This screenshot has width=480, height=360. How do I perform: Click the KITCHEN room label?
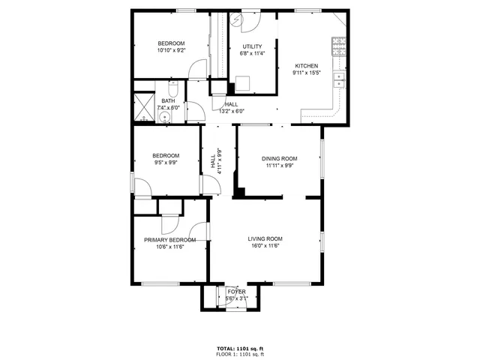click(x=305, y=65)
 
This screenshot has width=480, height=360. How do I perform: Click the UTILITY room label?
click(x=252, y=46)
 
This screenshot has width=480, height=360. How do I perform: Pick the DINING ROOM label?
click(x=280, y=158)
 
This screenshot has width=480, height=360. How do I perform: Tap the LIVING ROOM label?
click(x=265, y=238)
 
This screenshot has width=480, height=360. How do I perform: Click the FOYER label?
click(x=237, y=291)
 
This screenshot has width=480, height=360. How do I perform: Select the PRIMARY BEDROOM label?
click(x=170, y=240)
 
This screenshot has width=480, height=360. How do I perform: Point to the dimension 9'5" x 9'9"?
click(x=166, y=163)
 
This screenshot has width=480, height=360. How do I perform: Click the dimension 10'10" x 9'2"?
click(x=171, y=50)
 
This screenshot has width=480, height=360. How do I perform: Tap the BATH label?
click(x=169, y=100)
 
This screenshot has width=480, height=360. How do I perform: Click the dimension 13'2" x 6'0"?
click(x=232, y=111)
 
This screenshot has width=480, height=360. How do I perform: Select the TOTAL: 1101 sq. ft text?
click(x=239, y=349)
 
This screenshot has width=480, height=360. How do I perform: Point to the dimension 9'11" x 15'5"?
click(x=305, y=73)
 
